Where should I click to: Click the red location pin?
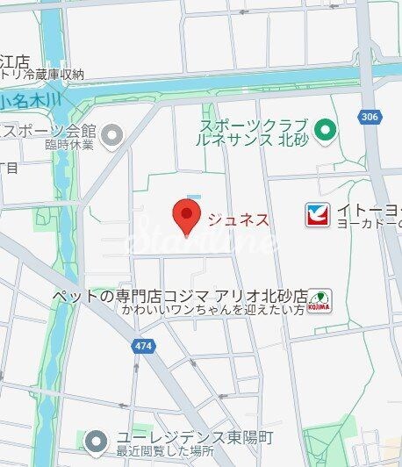point(185,216)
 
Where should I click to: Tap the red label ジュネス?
point(237,219)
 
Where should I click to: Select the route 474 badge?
point(143,346)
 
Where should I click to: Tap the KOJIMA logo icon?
point(320,301)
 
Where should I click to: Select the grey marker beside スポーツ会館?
point(112,134)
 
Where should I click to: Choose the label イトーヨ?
point(369,209)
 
